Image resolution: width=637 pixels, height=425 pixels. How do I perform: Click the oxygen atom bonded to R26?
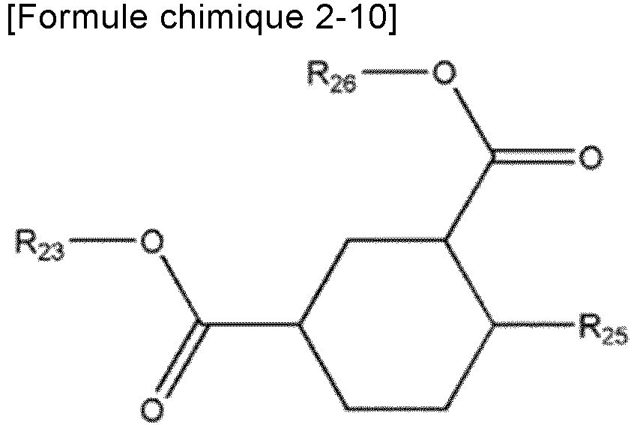click(x=445, y=73)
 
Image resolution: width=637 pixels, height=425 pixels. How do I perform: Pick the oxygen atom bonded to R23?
click(x=152, y=241)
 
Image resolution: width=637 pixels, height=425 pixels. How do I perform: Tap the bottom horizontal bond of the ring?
click(x=397, y=409)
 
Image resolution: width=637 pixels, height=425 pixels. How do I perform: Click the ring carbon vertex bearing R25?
click(x=495, y=325)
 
